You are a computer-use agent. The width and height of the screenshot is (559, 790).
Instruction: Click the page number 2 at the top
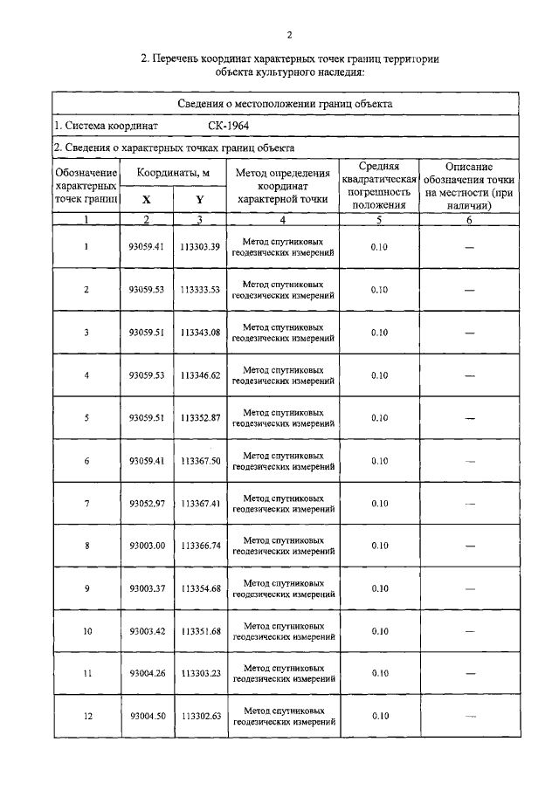click(x=289, y=36)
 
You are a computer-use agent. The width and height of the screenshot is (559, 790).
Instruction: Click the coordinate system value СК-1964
click(x=230, y=126)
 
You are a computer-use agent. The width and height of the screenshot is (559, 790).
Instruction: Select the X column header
click(x=146, y=199)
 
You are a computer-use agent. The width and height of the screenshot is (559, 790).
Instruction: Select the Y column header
click(x=200, y=199)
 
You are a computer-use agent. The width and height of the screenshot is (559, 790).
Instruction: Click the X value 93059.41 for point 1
click(x=147, y=247)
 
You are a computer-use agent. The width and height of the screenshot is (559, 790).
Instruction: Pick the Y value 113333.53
click(x=201, y=290)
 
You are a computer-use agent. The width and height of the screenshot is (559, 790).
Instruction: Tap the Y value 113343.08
click(x=201, y=333)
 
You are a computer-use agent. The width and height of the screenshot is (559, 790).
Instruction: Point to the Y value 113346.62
click(x=201, y=375)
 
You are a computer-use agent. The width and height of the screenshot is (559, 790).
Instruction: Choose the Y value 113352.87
click(x=201, y=418)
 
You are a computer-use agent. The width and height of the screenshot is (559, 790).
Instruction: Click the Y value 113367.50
click(x=201, y=461)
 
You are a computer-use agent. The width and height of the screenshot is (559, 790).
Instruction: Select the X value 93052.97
click(x=147, y=504)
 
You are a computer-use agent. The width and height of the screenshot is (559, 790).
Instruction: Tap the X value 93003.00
click(x=147, y=546)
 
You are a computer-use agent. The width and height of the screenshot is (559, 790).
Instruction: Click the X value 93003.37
click(x=147, y=589)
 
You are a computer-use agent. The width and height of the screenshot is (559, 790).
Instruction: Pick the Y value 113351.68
click(x=201, y=631)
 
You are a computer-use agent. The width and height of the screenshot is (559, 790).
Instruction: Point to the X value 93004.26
click(x=147, y=674)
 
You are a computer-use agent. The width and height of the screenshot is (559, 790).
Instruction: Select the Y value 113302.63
click(x=201, y=717)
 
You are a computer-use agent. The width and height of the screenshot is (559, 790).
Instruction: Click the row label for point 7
click(x=86, y=504)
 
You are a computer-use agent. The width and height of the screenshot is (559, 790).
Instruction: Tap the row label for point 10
click(x=86, y=631)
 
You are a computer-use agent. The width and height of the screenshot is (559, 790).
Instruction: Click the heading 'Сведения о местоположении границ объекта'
click(x=289, y=103)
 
